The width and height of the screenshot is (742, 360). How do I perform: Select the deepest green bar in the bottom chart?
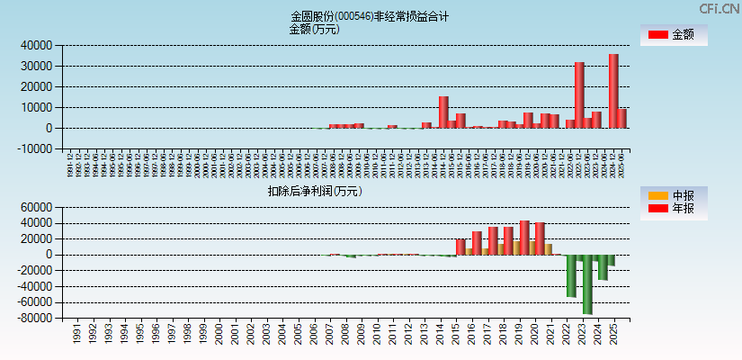pos(587,283)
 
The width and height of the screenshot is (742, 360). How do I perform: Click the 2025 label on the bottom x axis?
pos(613,334)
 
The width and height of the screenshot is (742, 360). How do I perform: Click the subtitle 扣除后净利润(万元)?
pos(314,191)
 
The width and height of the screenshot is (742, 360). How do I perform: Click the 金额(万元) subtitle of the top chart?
pos(314,29)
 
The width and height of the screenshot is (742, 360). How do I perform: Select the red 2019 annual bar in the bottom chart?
pos(524,238)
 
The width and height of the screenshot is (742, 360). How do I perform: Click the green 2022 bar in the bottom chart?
pos(571,275)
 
